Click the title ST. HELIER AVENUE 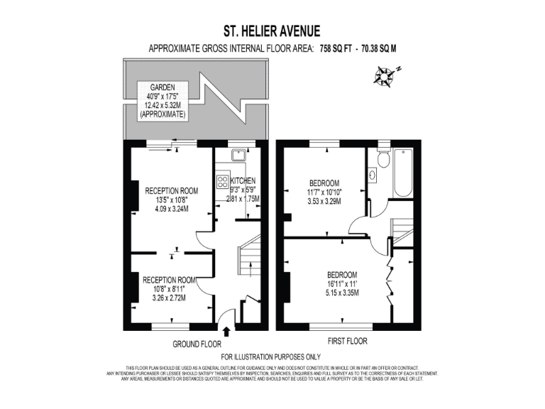(272, 31)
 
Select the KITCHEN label (243, 181)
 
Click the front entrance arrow (226, 331)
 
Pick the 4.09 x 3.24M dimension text (171, 209)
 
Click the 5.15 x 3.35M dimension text (341, 293)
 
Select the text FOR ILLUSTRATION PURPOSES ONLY (271, 356)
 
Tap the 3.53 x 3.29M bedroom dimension (324, 202)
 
